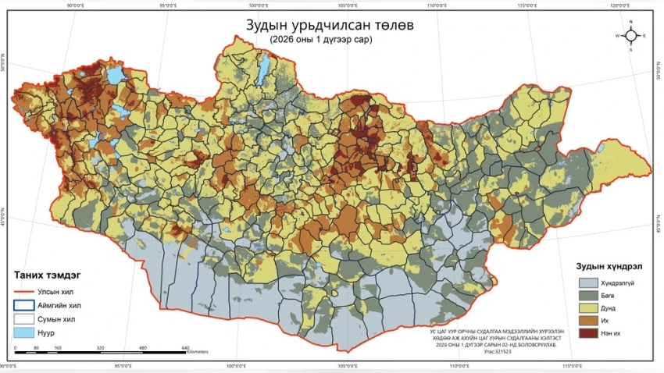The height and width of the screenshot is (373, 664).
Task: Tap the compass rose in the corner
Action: pyautogui.click(x=630, y=36)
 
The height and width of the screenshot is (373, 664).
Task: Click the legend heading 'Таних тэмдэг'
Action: pyautogui.click(x=49, y=275)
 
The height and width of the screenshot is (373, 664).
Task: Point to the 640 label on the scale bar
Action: pyautogui.click(x=185, y=347)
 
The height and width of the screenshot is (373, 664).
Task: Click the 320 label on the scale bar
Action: pyautogui.click(x=100, y=347)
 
